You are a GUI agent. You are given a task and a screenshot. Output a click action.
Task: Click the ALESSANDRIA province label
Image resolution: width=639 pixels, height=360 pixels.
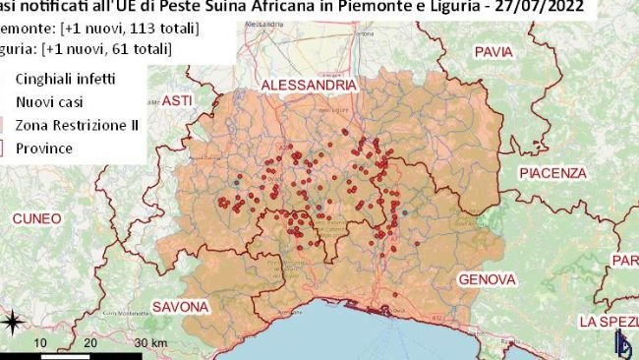click(x=308, y=87)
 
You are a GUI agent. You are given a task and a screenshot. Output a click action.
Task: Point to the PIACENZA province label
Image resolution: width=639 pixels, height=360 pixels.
click(x=552, y=173)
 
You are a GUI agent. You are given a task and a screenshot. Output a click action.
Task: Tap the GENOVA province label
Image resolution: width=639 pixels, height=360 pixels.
click(x=487, y=279)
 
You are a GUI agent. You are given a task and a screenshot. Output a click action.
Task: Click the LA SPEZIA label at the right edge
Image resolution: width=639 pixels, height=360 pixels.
click(x=609, y=322)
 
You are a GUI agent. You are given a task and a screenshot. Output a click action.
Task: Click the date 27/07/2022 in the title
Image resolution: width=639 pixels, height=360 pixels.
click(x=545, y=8)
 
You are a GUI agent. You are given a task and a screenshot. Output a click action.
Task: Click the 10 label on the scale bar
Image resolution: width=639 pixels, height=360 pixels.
click(x=40, y=342)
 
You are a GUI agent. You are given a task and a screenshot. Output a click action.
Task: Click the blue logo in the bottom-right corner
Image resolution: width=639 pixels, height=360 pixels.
click(x=622, y=343)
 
